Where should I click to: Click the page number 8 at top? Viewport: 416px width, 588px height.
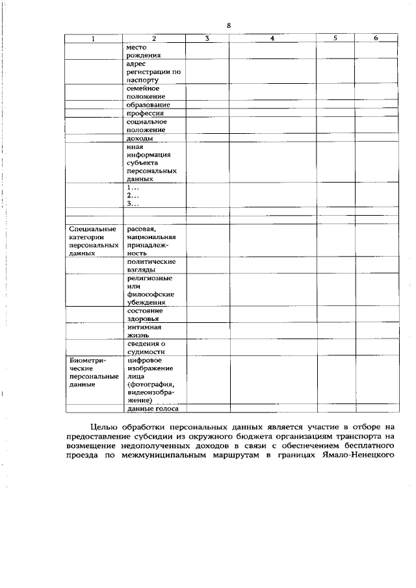pos(229,25)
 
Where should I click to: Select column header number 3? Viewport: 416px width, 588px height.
pos(206,38)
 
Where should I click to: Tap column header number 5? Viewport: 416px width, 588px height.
pos(335,38)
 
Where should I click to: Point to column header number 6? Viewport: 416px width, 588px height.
pos(376,38)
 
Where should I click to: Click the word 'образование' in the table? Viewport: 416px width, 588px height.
pos(149,105)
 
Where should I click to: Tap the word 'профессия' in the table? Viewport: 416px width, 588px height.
pos(145,114)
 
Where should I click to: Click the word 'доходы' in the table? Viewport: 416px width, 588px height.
pos(140,139)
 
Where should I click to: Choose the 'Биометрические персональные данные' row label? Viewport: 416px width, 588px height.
pos(94,372)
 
